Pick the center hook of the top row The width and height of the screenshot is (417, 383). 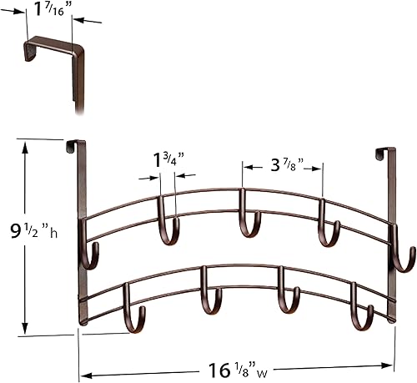(247, 224)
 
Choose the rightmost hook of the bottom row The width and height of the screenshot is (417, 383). (363, 315)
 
